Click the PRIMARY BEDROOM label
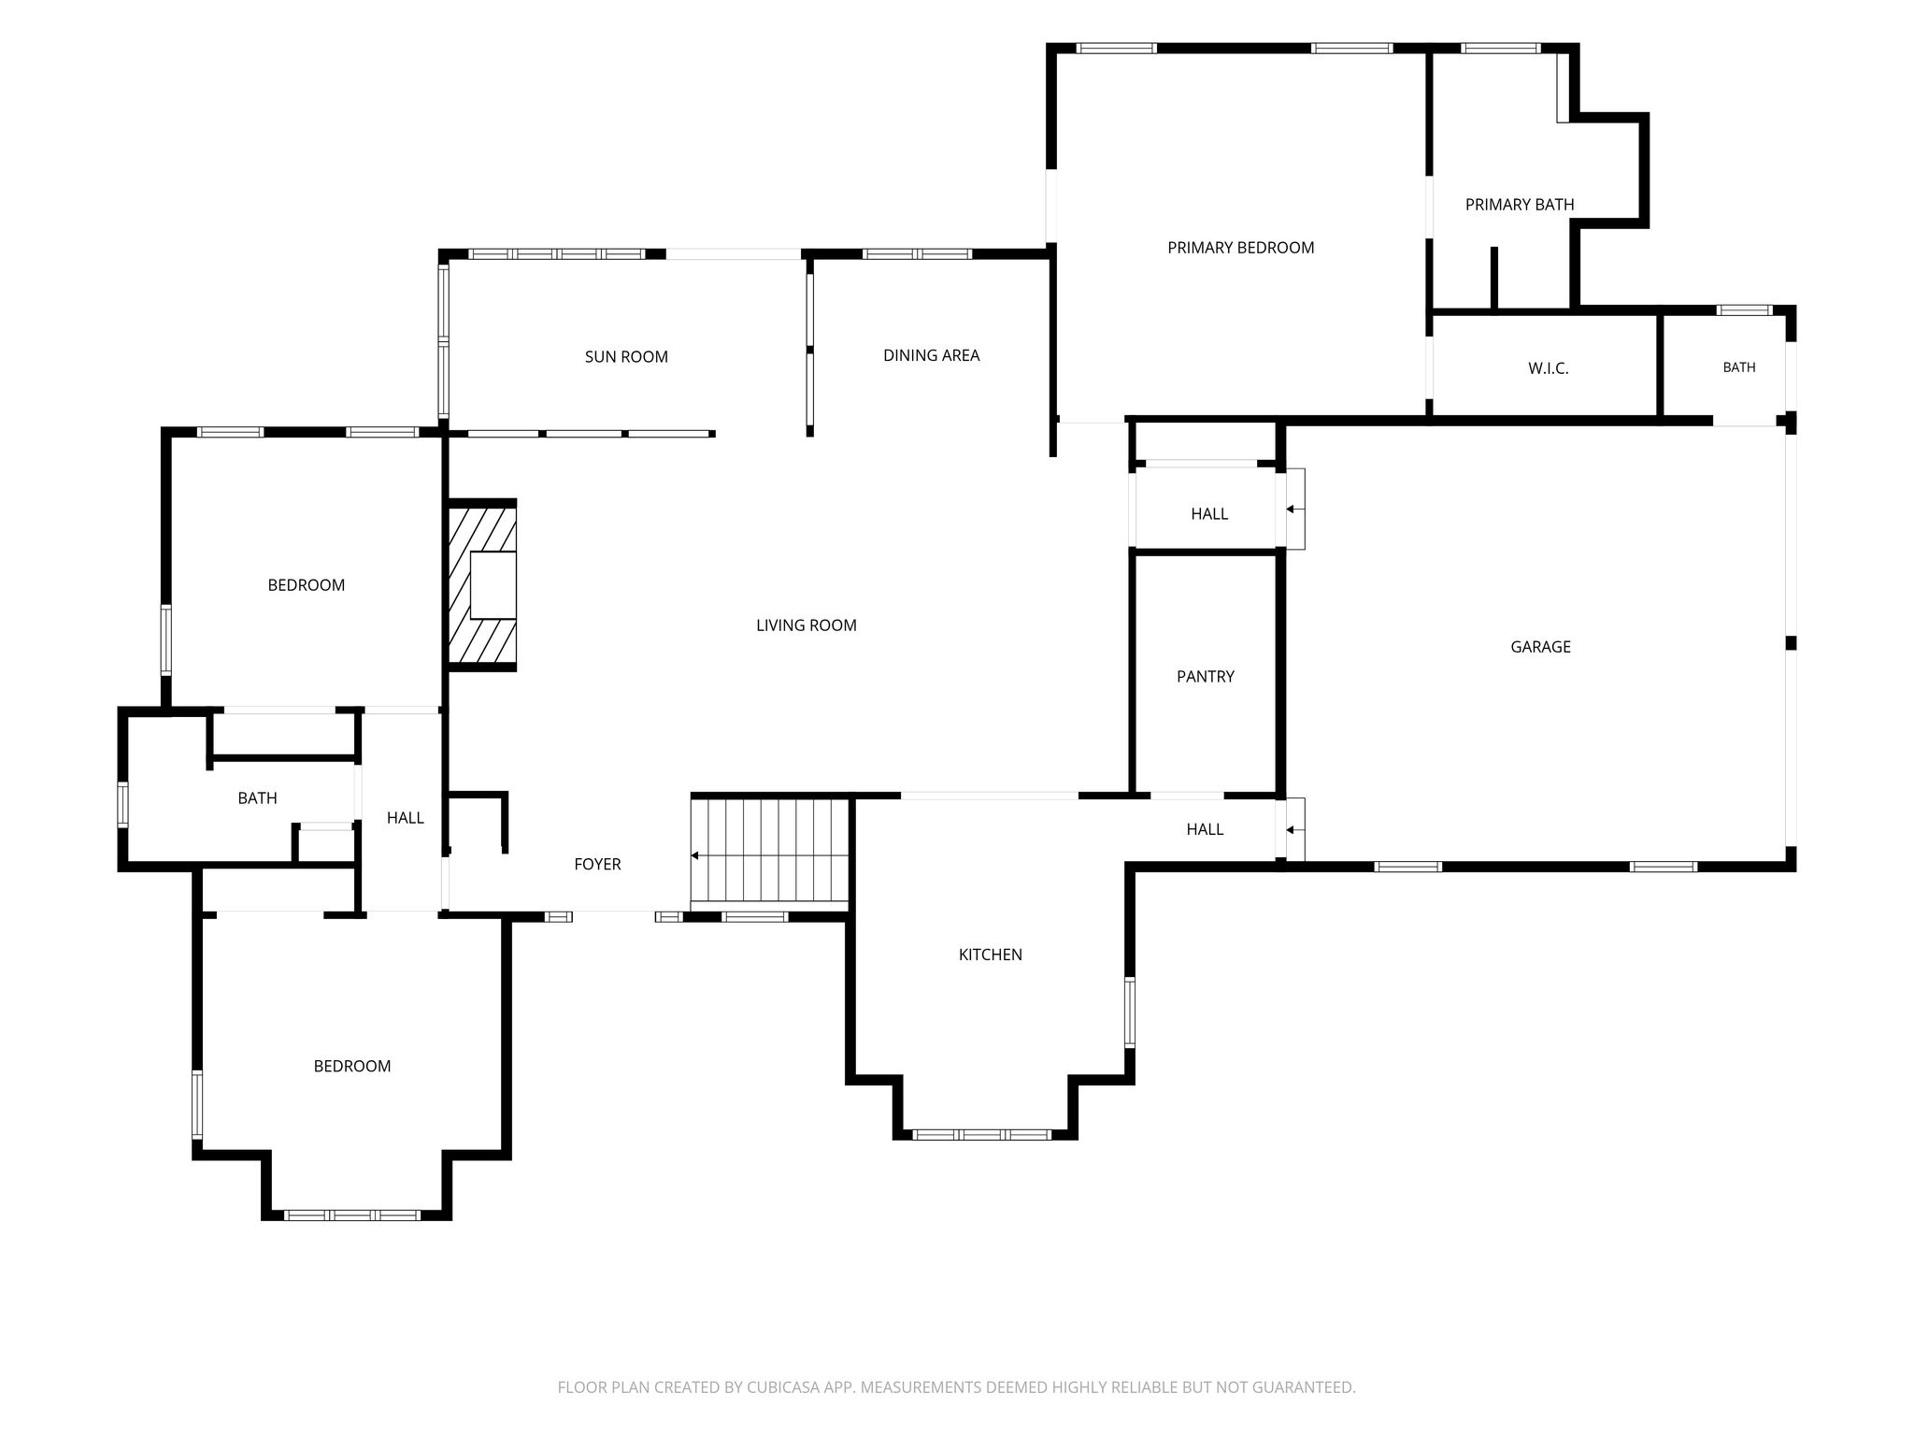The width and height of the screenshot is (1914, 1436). pyautogui.click(x=1240, y=248)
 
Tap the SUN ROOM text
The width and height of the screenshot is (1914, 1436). pyautogui.click(x=626, y=356)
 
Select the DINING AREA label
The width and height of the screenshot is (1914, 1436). pyautogui.click(x=931, y=355)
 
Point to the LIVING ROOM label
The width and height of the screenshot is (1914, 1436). pyautogui.click(x=807, y=625)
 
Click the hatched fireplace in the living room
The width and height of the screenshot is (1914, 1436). pyautogui.click(x=482, y=585)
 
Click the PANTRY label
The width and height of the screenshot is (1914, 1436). pyautogui.click(x=1206, y=676)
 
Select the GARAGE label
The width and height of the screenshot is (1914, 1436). pyautogui.click(x=1540, y=647)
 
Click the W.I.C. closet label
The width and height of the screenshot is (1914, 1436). pyautogui.click(x=1548, y=368)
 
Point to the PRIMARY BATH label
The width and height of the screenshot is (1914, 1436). pyautogui.click(x=1520, y=205)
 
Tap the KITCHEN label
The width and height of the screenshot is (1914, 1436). pyautogui.click(x=991, y=955)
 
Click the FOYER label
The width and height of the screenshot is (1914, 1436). pyautogui.click(x=597, y=864)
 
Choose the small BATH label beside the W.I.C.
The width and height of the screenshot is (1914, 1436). pyautogui.click(x=1739, y=367)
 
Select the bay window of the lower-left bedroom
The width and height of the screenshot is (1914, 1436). pyautogui.click(x=352, y=1214)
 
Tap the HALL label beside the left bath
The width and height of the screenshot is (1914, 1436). pyautogui.click(x=406, y=818)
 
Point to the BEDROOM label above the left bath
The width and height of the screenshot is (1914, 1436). pyautogui.click(x=307, y=585)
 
